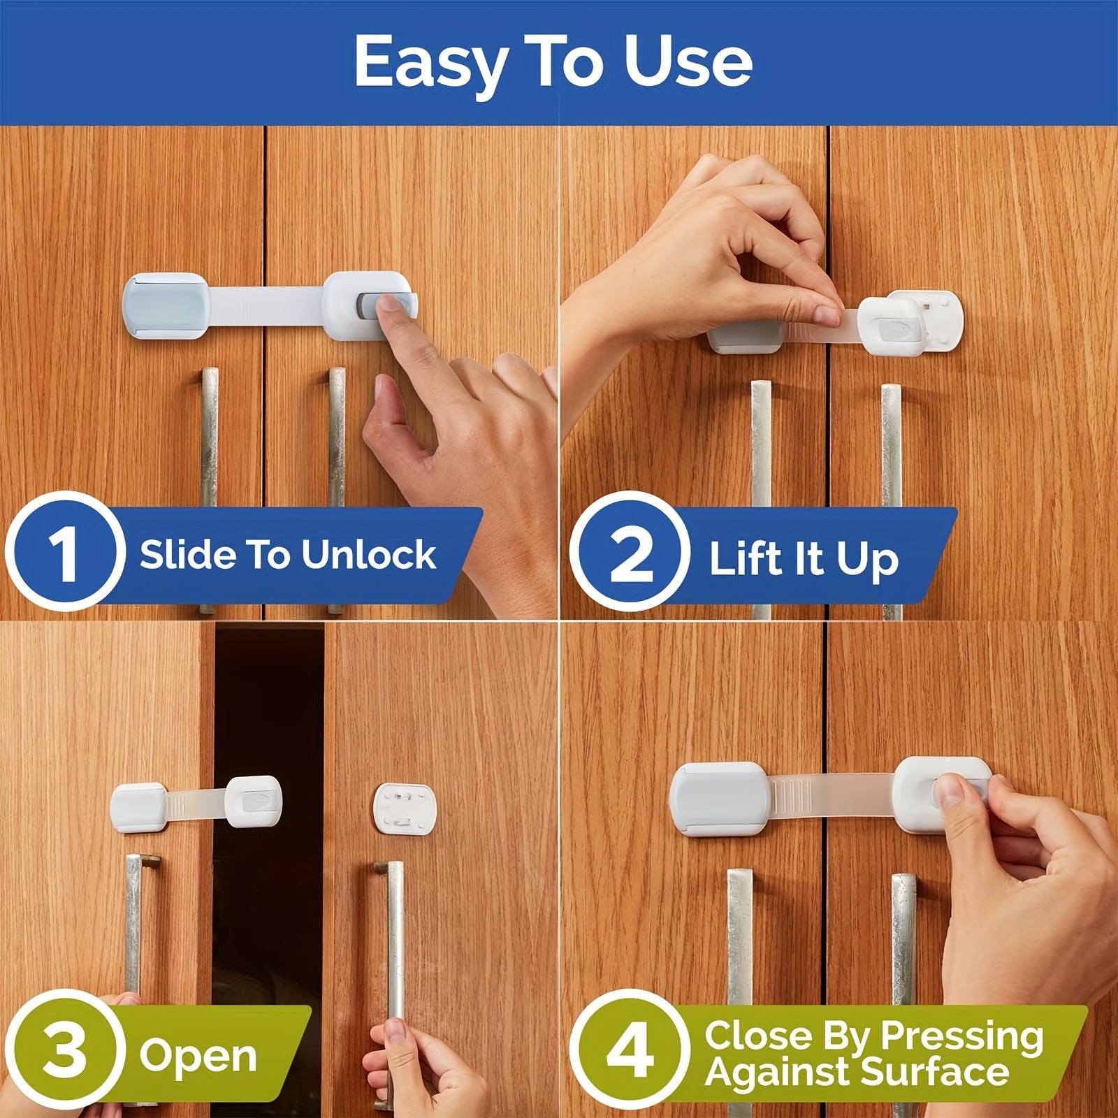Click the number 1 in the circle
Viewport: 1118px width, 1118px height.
click(x=64, y=552)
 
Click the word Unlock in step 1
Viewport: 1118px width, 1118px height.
click(x=368, y=555)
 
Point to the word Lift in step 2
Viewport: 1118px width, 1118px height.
click(x=744, y=559)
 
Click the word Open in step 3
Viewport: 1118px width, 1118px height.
click(x=198, y=1055)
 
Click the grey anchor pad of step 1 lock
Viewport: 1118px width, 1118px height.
click(x=165, y=305)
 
